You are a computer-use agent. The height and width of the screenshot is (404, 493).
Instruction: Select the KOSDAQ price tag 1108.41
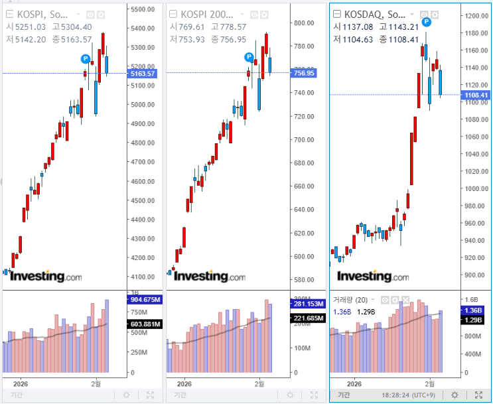[477, 96]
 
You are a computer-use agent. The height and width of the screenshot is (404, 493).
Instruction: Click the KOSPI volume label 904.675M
[145, 300]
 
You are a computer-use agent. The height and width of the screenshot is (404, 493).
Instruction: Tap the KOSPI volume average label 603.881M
[145, 324]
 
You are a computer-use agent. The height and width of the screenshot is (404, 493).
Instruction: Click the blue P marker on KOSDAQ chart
[427, 23]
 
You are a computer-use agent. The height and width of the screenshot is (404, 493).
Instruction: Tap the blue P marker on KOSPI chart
[86, 58]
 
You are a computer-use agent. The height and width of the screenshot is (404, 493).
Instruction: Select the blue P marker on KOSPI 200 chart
[248, 57]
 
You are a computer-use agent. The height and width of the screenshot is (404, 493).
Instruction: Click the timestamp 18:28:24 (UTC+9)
[408, 395]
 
